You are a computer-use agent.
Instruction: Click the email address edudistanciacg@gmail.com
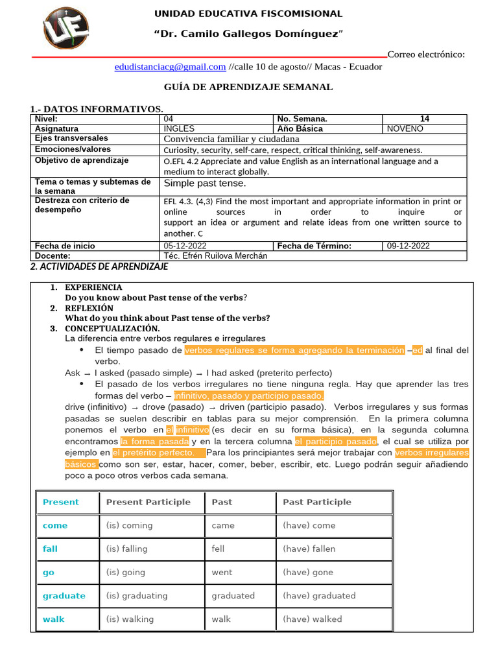click(170, 67)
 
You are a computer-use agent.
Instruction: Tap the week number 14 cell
click(425, 119)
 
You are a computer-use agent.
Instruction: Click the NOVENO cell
click(405, 128)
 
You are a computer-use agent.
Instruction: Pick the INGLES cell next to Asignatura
click(179, 128)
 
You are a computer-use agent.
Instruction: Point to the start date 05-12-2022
click(185, 246)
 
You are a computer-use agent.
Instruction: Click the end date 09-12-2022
click(408, 246)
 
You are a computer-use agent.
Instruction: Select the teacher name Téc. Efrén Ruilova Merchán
click(216, 255)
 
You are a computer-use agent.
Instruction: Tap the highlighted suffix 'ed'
click(417, 350)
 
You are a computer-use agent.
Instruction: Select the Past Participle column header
click(317, 502)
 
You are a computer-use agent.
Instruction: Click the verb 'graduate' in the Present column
click(64, 595)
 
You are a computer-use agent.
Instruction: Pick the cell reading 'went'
click(222, 572)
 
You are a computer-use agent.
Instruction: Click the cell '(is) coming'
click(130, 525)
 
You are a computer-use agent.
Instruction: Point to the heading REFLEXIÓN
click(89, 308)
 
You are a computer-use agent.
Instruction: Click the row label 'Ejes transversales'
click(72, 138)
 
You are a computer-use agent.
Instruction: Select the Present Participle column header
click(148, 502)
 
